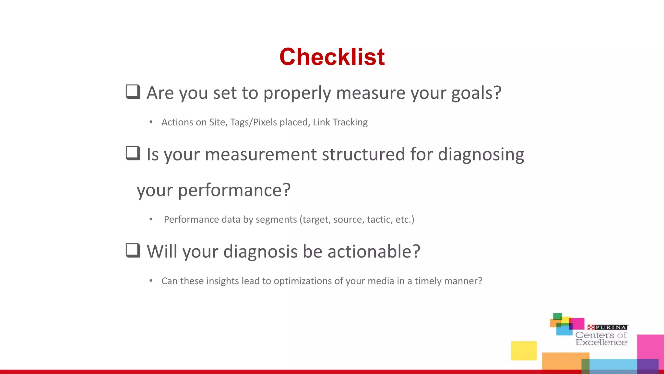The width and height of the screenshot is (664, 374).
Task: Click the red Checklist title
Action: tap(332, 57)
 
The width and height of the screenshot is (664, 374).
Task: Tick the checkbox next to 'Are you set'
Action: tap(133, 92)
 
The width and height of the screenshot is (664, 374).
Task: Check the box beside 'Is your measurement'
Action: tap(133, 153)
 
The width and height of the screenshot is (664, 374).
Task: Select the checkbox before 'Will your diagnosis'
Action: tap(133, 250)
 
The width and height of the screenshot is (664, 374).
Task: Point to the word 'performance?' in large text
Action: tap(234, 190)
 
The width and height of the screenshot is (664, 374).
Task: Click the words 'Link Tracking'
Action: tap(340, 122)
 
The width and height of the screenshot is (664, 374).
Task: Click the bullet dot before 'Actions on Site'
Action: tap(151, 122)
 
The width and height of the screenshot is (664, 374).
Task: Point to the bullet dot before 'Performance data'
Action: tap(151, 219)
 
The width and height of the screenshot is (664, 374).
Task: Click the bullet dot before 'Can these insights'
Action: tap(151, 281)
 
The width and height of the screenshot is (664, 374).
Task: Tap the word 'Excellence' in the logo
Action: tap(601, 343)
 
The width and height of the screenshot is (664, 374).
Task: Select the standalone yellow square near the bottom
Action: tap(524, 351)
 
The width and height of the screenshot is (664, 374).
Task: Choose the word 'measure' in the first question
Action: tap(371, 93)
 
